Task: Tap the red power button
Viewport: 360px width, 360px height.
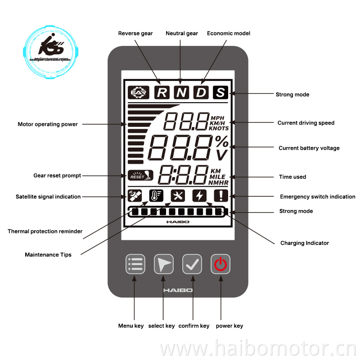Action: coord(220,264)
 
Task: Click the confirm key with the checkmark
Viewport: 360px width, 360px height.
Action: coord(192,264)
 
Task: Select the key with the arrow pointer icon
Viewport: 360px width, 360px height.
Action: coord(164,264)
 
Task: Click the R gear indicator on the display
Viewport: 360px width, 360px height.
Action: coord(162,92)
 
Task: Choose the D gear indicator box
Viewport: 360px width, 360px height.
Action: coord(201,92)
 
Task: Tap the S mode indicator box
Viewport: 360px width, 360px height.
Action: coord(220,92)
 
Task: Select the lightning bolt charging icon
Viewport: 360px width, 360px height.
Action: coord(199,195)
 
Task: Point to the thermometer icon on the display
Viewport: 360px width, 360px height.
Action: coord(156,195)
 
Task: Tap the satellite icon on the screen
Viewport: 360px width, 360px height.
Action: coord(135,195)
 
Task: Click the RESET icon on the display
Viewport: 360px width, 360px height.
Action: coord(137,175)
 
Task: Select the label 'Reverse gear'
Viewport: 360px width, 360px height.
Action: coord(135,33)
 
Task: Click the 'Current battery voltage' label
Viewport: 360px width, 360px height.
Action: coord(309,148)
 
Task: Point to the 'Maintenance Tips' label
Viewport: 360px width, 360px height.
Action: coord(48,255)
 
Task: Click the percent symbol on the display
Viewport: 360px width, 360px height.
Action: coord(221,142)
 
